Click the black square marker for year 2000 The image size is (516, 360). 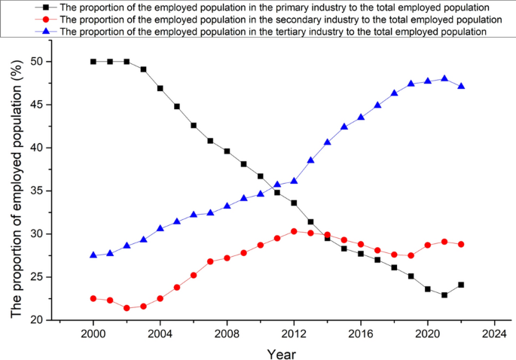pyautogui.click(x=93, y=62)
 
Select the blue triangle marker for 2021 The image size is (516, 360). pyautogui.click(x=444, y=78)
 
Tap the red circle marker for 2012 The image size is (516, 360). pyautogui.click(x=294, y=231)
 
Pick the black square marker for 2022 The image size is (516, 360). pyautogui.click(x=461, y=285)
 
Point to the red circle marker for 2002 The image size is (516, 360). pyautogui.click(x=127, y=308)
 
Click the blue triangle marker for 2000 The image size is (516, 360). pyautogui.click(x=93, y=255)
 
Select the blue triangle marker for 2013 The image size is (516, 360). pyautogui.click(x=310, y=160)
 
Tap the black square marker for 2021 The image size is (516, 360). pyautogui.click(x=444, y=295)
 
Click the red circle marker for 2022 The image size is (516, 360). pyautogui.click(x=461, y=244)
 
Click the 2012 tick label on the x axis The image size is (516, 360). pyautogui.click(x=294, y=332)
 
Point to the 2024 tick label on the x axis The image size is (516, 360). pyautogui.click(x=494, y=332)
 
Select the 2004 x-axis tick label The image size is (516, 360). pyautogui.click(x=160, y=332)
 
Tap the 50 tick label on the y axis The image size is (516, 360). pyautogui.click(x=37, y=62)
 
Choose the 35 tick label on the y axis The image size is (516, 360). pyautogui.click(x=37, y=191)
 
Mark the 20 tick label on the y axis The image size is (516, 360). pyautogui.click(x=37, y=320)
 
